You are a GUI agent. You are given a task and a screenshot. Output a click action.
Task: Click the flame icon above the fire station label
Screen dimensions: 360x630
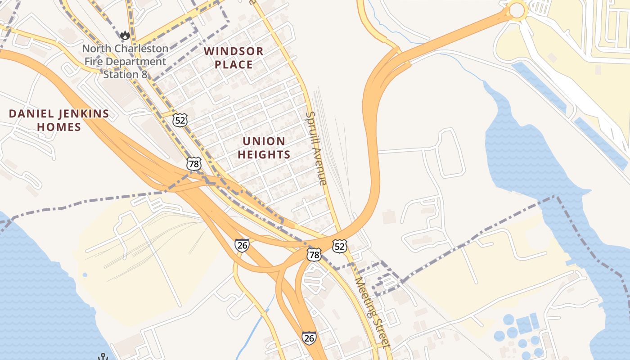coord(125,35)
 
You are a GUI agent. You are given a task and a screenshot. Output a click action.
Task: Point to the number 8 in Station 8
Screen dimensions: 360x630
coord(144,74)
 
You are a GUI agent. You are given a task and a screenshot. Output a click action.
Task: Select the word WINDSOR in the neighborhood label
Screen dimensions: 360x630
coord(234,51)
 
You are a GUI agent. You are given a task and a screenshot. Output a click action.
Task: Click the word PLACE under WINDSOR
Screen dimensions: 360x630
coord(234,65)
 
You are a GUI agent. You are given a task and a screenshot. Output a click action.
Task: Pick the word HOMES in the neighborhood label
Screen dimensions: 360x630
coord(59,127)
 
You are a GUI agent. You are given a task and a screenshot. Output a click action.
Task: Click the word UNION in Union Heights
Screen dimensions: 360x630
coord(264,141)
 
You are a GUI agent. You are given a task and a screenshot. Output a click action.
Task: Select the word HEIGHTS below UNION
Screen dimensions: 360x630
coord(264,155)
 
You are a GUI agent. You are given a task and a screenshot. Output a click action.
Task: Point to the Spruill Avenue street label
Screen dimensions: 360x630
coord(315,148)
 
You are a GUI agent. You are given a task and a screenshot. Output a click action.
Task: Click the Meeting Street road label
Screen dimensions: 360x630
coord(372,312)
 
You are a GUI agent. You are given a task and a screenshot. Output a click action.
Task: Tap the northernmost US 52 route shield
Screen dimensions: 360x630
coord(180,120)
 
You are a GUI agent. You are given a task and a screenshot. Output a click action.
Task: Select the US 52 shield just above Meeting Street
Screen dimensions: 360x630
coord(340,246)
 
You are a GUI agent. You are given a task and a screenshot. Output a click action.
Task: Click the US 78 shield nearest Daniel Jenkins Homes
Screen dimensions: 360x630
coord(194,164)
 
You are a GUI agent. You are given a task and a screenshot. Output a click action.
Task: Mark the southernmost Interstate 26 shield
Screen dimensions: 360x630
coord(309,337)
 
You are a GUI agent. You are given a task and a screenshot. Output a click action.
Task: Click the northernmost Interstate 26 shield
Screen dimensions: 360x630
coord(242,245)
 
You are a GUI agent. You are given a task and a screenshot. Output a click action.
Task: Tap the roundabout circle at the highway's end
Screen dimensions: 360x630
coord(517,10)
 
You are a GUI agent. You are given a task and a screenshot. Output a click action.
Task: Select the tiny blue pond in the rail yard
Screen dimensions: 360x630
coord(85,274)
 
